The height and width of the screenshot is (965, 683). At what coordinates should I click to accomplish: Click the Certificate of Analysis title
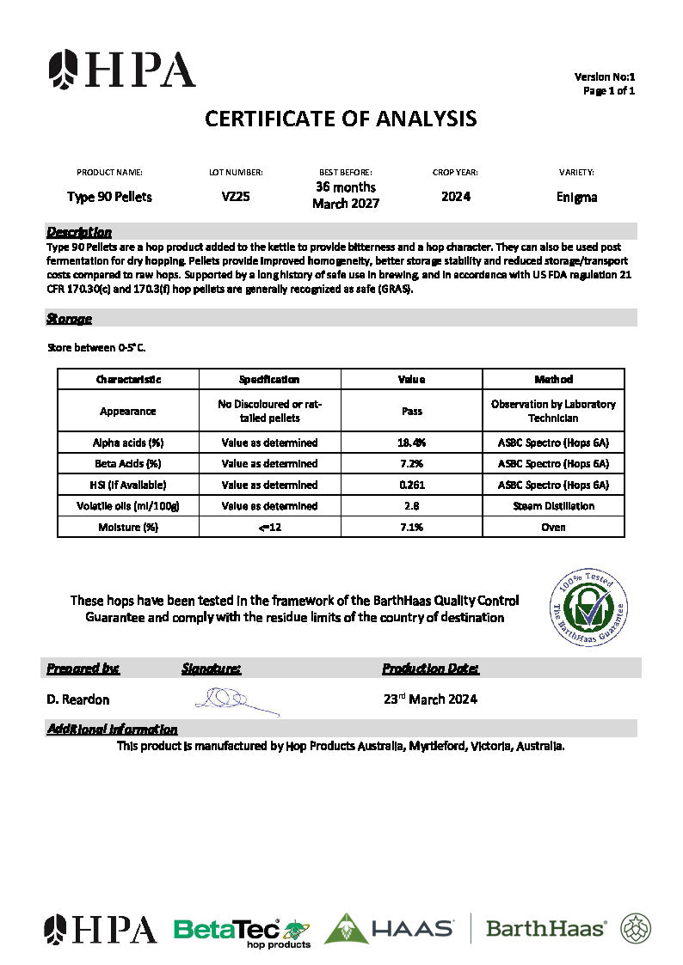click(x=341, y=119)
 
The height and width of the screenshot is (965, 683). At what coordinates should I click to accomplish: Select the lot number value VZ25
click(x=236, y=197)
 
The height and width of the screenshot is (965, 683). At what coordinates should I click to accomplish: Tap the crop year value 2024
click(x=455, y=197)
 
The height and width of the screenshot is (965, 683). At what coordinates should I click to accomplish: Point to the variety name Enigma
click(x=576, y=198)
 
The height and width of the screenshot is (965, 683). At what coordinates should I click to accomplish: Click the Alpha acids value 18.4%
click(x=412, y=443)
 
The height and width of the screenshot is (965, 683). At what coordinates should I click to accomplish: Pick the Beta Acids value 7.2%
click(x=412, y=464)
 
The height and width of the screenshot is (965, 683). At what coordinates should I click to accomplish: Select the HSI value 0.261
click(x=412, y=485)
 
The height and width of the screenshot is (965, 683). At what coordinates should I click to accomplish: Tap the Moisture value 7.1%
click(x=412, y=527)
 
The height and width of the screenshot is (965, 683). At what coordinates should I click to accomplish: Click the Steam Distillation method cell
click(x=553, y=506)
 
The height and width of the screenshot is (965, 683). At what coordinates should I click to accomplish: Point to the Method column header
click(x=553, y=379)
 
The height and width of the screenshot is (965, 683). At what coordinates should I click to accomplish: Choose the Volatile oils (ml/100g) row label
click(x=128, y=506)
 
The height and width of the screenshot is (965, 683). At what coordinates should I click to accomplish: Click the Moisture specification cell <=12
click(x=270, y=527)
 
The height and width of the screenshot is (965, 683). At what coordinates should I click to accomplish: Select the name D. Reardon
click(x=78, y=699)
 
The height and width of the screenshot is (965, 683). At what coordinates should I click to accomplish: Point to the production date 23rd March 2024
click(x=430, y=699)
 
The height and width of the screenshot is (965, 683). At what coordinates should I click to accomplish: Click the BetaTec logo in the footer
click(x=241, y=931)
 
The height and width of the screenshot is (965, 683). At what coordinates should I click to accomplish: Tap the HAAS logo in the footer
click(x=390, y=929)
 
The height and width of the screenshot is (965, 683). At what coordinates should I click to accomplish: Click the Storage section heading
click(x=69, y=319)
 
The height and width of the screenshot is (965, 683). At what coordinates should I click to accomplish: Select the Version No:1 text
click(x=605, y=77)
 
